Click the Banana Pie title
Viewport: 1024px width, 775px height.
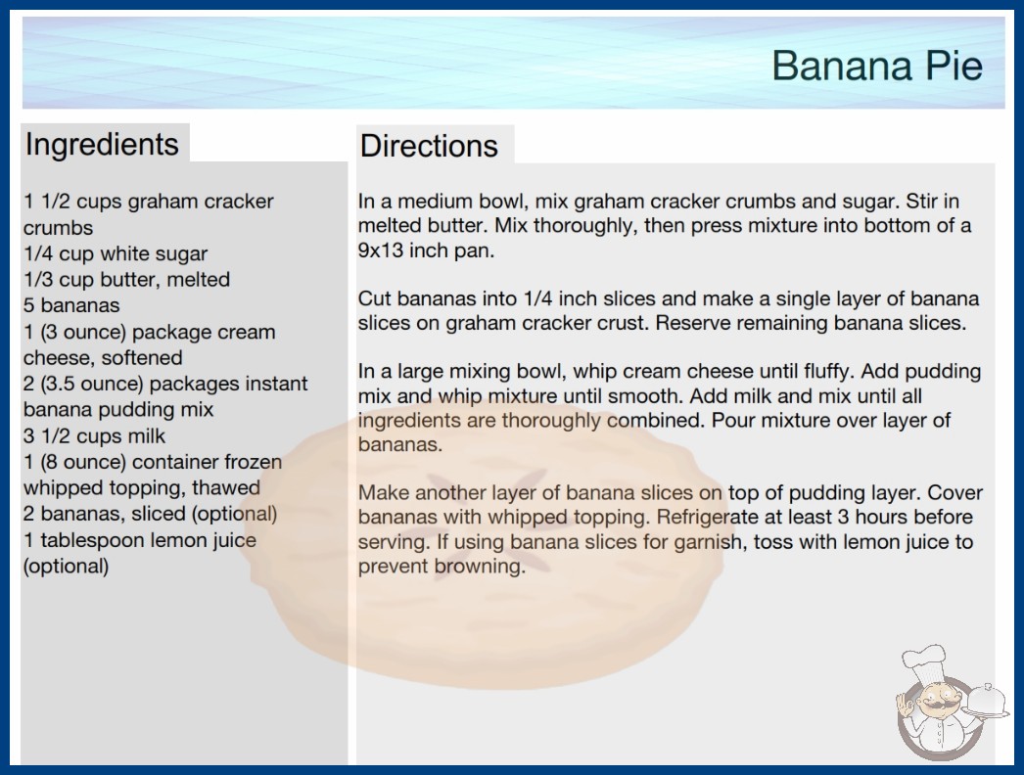point(877,66)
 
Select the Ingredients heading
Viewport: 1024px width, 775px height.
point(102,145)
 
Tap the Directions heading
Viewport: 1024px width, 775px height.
point(429,146)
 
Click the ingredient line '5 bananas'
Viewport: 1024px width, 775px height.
point(71,305)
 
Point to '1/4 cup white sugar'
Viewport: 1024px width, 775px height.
point(116,253)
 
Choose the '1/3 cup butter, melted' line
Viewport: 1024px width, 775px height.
point(126,280)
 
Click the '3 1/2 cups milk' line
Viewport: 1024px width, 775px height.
point(95,435)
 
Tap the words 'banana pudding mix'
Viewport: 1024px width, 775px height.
point(118,409)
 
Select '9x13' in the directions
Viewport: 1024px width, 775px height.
point(381,251)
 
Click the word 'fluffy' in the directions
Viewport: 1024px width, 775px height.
point(829,372)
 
